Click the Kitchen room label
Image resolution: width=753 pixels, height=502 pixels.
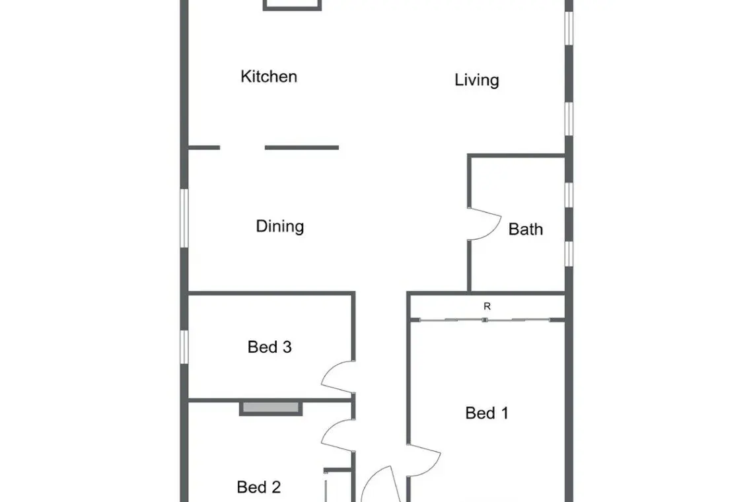click(268, 77)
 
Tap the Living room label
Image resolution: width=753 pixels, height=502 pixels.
click(477, 80)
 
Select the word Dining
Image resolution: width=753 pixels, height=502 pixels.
click(280, 227)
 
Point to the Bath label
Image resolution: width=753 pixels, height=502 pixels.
click(526, 229)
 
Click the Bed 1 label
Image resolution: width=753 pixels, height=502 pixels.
click(487, 413)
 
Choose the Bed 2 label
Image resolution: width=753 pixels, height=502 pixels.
click(259, 487)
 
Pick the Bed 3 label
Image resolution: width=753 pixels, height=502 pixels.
click(269, 347)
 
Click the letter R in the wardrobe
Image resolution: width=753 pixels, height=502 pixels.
click(487, 306)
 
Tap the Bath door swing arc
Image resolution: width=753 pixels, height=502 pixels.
click(495, 230)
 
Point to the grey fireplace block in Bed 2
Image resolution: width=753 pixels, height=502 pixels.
click(271, 408)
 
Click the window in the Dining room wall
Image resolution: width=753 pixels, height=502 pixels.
click(184, 218)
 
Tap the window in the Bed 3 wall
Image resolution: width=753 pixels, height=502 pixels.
click(184, 347)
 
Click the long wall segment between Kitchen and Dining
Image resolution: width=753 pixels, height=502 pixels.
click(302, 147)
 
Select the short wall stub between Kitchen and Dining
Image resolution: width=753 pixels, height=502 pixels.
click(204, 147)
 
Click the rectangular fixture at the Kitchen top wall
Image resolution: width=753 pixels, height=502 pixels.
click(292, 5)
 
